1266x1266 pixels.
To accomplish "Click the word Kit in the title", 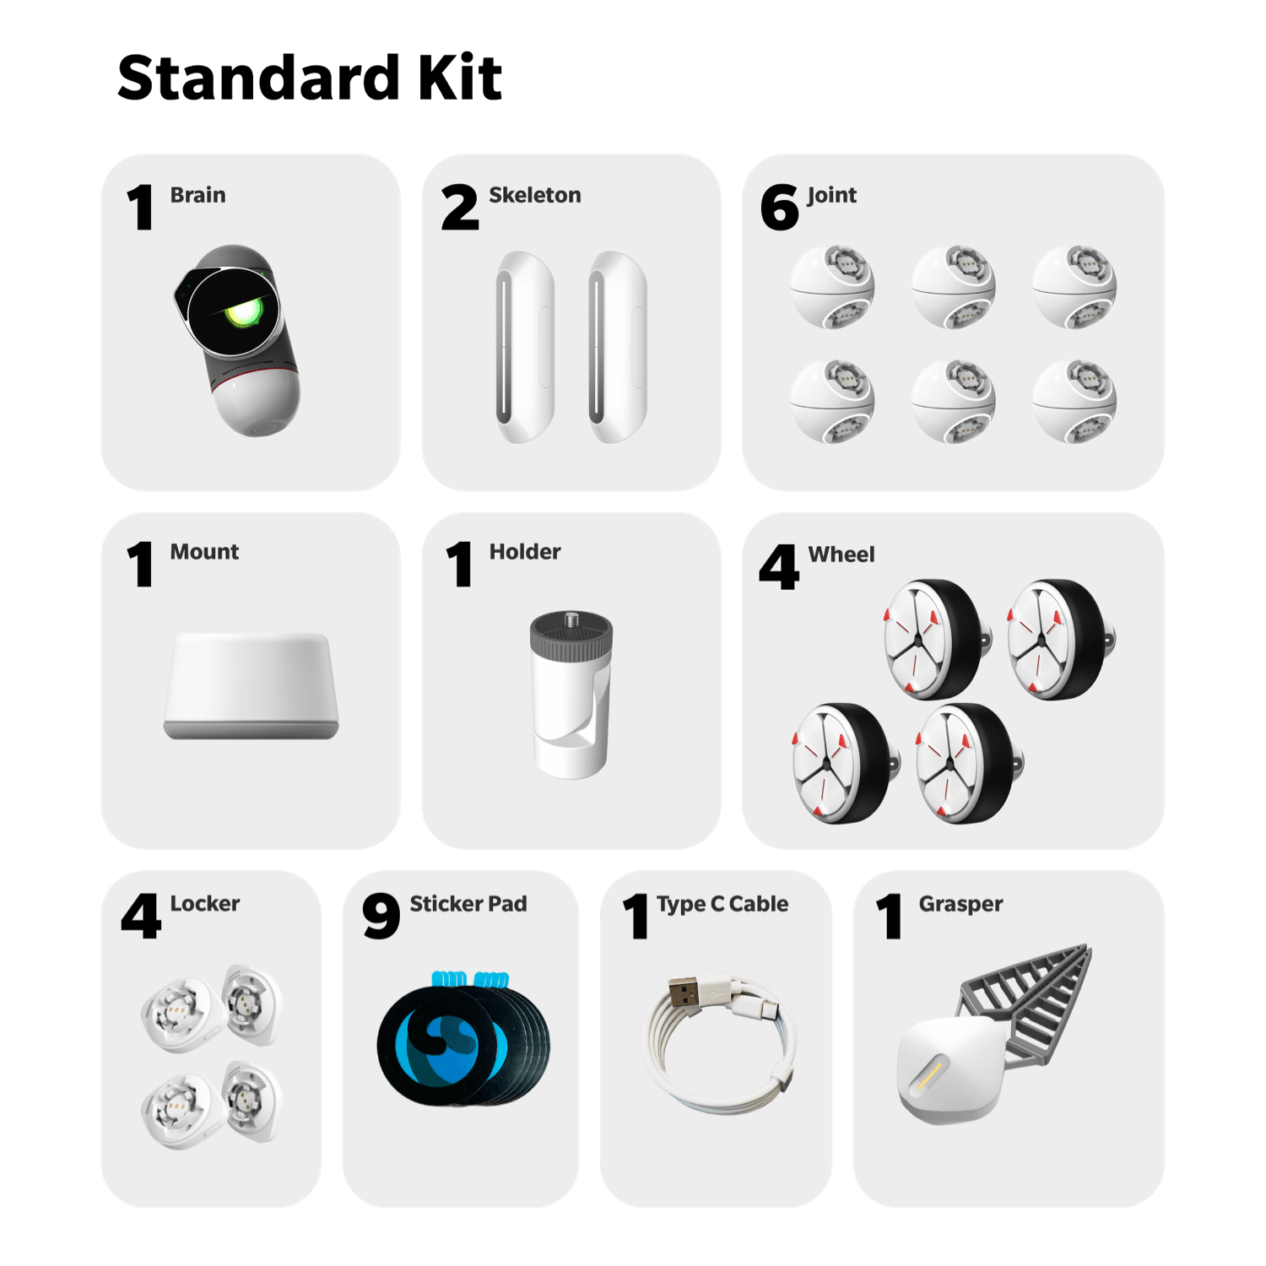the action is click(460, 78).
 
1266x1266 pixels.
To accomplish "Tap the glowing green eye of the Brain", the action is click(242, 313).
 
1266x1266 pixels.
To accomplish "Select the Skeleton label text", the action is click(535, 195).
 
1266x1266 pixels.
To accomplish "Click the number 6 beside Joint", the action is click(779, 208).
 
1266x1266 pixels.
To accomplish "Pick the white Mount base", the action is click(251, 685).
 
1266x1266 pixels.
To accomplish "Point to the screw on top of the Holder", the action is click(571, 619).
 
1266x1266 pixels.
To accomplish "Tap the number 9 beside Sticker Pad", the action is click(381, 917).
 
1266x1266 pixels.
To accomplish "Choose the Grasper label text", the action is click(960, 904).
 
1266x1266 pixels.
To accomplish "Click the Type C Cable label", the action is click(722, 904).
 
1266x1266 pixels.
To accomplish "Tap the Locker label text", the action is click(205, 903).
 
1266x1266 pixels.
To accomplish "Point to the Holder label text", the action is click(525, 552).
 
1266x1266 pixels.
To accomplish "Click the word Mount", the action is click(204, 552).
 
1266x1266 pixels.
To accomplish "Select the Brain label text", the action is click(197, 195).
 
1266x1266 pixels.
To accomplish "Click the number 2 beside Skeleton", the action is click(460, 208).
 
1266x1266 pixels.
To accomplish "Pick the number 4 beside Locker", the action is click(141, 917).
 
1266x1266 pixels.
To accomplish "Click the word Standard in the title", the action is click(258, 78).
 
